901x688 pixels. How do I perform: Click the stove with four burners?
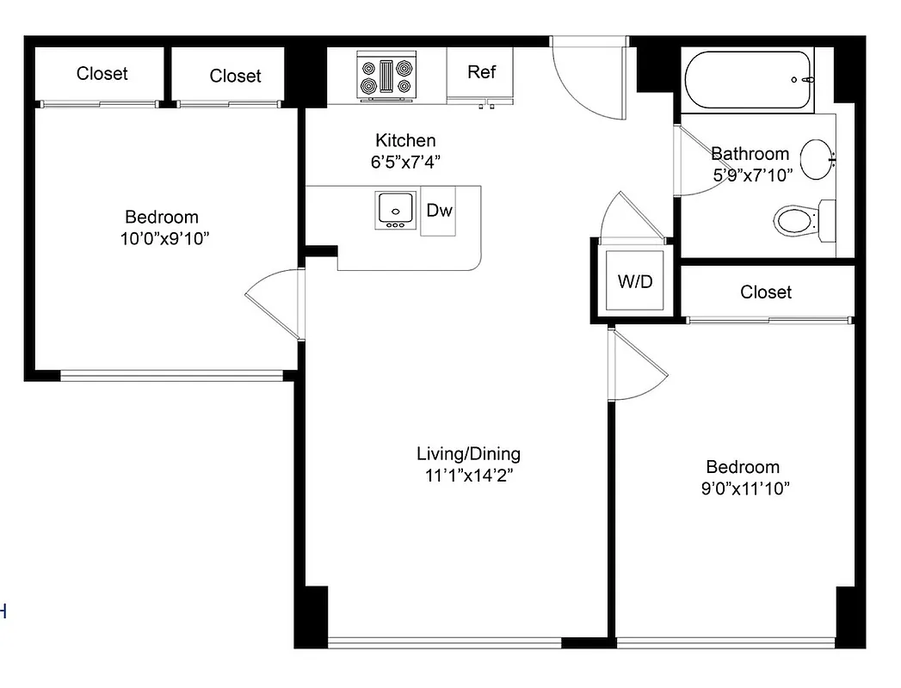[386, 75]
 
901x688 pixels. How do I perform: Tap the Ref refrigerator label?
[481, 72]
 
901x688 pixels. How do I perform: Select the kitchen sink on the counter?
[395, 209]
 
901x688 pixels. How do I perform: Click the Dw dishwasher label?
[439, 210]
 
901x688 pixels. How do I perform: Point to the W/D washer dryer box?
[635, 281]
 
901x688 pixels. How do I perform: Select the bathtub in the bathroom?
[749, 80]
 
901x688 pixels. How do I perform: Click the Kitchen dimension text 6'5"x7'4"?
[405, 161]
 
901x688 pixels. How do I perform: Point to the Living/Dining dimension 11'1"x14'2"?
[469, 476]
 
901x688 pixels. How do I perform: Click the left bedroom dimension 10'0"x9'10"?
[164, 238]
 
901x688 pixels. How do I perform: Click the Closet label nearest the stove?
[235, 76]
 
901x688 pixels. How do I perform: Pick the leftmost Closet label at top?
[102, 74]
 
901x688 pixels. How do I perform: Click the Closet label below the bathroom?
[766, 292]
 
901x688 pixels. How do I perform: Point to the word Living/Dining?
[468, 454]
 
